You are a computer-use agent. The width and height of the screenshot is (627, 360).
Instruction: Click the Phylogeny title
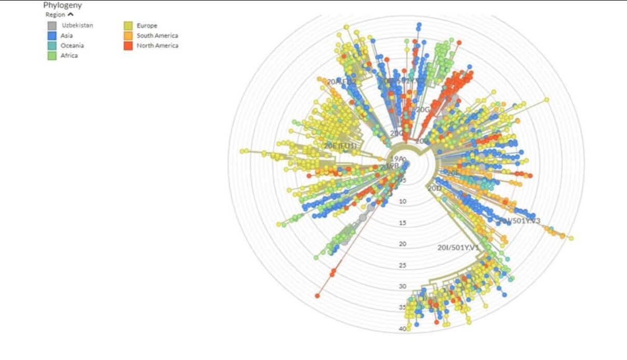click(x=62, y=5)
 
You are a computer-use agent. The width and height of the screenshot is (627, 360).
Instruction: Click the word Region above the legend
click(x=55, y=15)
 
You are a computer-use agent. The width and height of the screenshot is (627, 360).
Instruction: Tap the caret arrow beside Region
click(x=71, y=15)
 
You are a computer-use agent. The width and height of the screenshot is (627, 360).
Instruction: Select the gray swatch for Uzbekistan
click(x=52, y=25)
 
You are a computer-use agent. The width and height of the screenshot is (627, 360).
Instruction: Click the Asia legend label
click(x=66, y=36)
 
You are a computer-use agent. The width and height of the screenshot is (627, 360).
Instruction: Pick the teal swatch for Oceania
click(x=52, y=46)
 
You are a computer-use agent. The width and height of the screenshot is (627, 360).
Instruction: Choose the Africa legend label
click(x=69, y=56)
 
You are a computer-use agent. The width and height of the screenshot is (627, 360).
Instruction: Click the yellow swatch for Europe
click(x=128, y=25)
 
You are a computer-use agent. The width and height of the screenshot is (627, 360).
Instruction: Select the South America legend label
click(x=157, y=36)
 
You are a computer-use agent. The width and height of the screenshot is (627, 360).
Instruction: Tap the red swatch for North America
click(x=128, y=46)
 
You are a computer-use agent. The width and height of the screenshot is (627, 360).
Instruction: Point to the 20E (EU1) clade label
click(x=340, y=146)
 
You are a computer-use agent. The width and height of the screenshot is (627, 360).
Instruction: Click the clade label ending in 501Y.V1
click(x=458, y=247)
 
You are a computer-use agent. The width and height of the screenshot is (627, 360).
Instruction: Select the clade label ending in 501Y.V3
click(x=519, y=221)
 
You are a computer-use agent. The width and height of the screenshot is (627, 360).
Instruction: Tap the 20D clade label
click(x=434, y=188)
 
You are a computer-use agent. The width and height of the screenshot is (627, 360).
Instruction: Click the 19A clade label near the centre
click(x=397, y=158)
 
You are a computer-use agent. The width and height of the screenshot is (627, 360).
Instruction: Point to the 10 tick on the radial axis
click(x=403, y=201)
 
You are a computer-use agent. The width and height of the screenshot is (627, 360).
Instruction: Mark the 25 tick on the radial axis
click(x=403, y=265)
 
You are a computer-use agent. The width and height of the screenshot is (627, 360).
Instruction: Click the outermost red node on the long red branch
click(x=317, y=296)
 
